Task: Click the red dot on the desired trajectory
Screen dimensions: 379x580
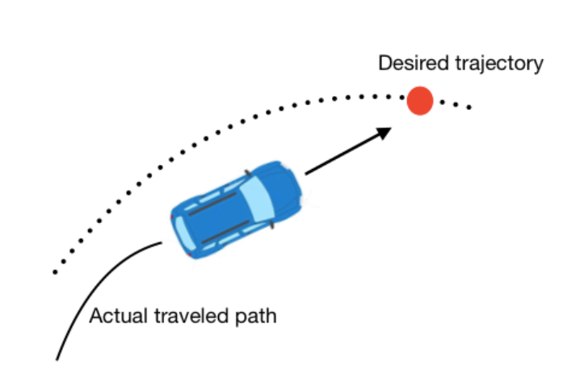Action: [x=420, y=100]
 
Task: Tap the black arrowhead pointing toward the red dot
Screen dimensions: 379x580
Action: [x=385, y=131]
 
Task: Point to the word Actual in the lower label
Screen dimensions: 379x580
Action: [x=111, y=316]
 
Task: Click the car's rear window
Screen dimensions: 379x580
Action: [x=183, y=233]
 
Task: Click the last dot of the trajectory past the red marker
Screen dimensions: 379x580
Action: [x=469, y=107]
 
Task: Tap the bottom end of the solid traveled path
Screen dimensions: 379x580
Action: [x=57, y=357]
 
